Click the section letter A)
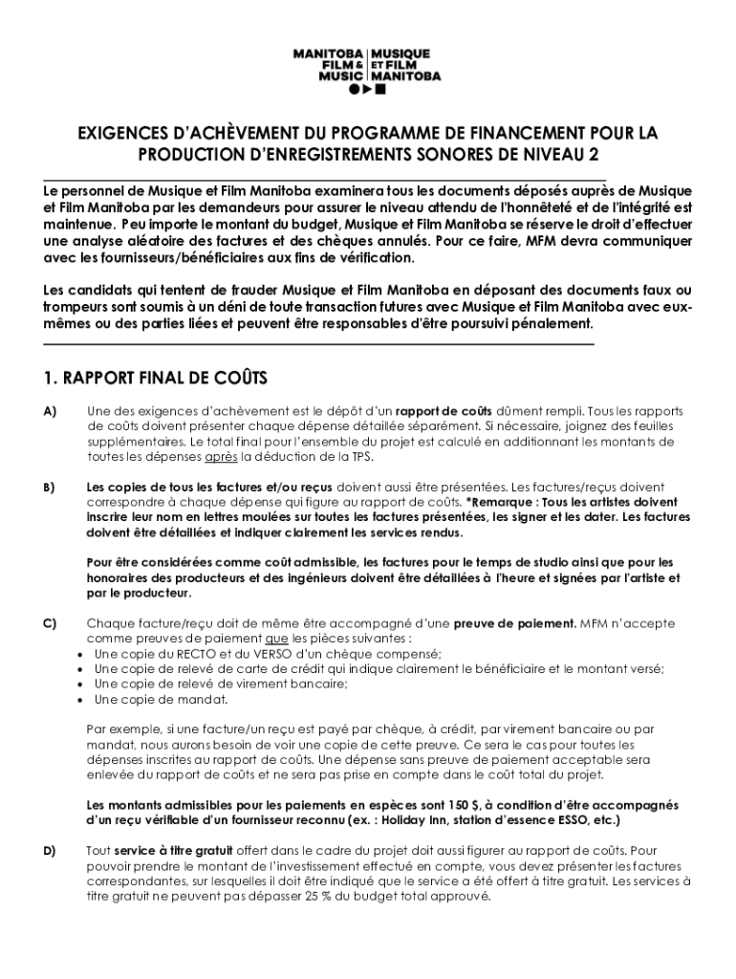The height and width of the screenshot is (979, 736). click(50, 411)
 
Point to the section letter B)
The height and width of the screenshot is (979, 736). click(50, 488)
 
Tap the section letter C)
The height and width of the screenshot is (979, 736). click(50, 623)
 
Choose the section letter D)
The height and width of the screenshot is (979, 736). click(50, 851)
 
